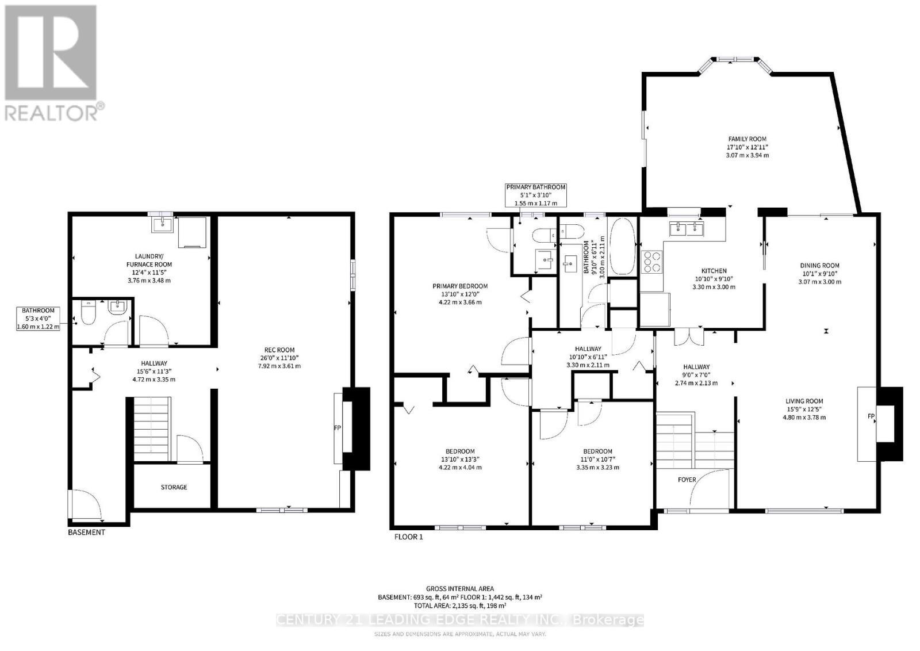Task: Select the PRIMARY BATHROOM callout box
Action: pos(535,195)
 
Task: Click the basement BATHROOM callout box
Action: pos(39,319)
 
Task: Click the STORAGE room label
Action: pos(174,487)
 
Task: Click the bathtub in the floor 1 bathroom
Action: pos(622,247)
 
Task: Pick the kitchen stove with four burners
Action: pos(653,262)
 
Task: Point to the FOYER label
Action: pos(687,480)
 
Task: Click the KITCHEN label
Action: pos(714,271)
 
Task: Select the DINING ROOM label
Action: pos(819,266)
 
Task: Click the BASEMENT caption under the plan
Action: pos(87,533)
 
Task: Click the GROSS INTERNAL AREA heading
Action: pos(459,588)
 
